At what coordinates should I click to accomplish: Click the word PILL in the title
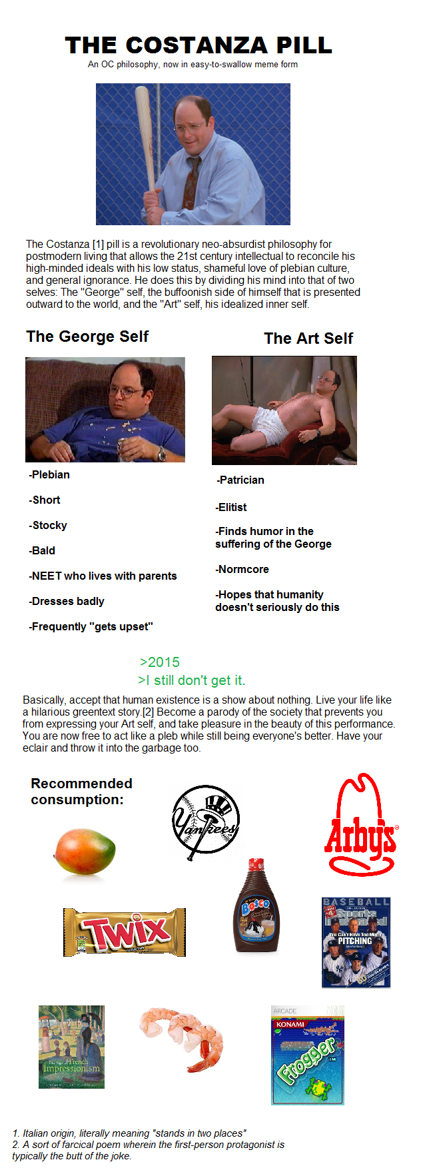[304, 45]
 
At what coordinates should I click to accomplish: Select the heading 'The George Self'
[87, 336]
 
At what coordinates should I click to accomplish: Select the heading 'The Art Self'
[308, 338]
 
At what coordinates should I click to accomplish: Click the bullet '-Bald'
[42, 550]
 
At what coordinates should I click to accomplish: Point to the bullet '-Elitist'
[231, 507]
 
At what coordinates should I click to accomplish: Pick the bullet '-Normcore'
[242, 569]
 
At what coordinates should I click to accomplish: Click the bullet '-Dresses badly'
[67, 601]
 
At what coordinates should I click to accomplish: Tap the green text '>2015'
[160, 662]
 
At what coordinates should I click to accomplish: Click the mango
[85, 851]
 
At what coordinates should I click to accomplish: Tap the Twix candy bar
[125, 932]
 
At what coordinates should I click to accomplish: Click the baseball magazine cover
[356, 942]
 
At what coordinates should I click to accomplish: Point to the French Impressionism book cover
[71, 1047]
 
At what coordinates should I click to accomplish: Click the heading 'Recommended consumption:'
[81, 792]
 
